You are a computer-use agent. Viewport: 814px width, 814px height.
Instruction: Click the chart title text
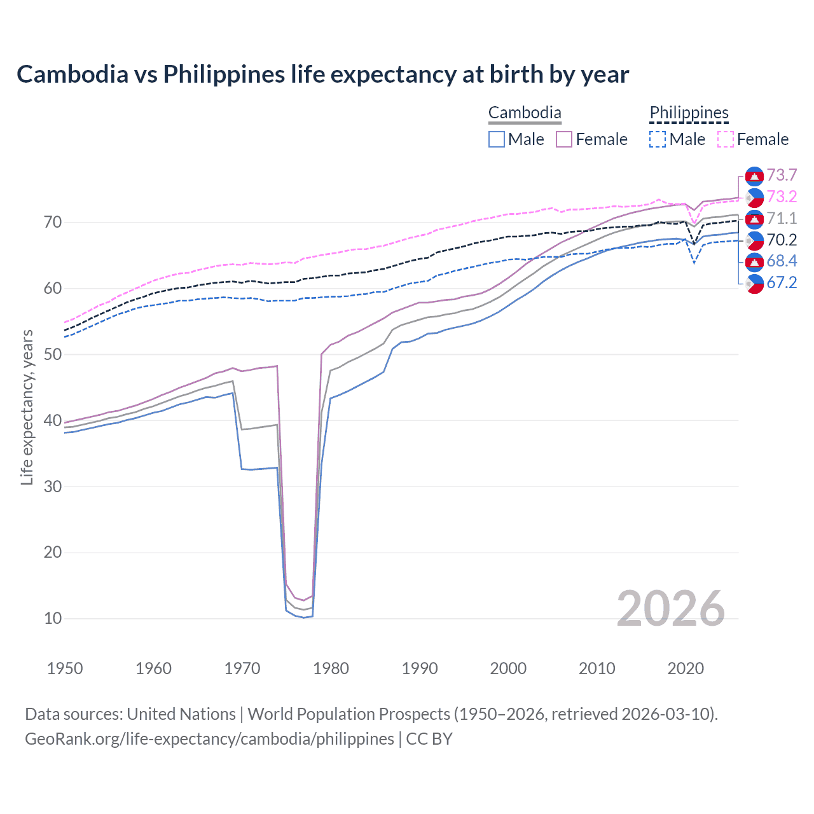[x=322, y=74]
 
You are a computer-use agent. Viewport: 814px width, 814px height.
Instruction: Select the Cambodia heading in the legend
[x=525, y=113]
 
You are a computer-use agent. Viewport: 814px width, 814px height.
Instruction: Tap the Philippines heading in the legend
[x=689, y=113]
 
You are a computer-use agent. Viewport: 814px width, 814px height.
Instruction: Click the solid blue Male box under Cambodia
[x=497, y=139]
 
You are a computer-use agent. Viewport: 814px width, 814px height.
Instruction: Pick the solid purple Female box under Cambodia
[x=564, y=139]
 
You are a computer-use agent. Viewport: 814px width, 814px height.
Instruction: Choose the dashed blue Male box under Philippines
[x=658, y=139]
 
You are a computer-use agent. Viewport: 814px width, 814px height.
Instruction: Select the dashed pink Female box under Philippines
[x=726, y=139]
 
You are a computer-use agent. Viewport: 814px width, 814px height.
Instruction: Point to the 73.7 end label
[x=782, y=176]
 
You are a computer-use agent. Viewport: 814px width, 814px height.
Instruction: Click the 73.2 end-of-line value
[x=782, y=197]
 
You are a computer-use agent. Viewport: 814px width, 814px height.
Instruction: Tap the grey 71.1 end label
[x=782, y=219]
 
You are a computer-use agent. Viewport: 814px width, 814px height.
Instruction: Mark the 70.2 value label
[x=782, y=240]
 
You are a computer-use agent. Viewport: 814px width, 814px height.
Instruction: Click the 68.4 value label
[x=782, y=261]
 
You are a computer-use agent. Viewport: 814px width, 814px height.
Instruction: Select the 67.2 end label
[x=782, y=283]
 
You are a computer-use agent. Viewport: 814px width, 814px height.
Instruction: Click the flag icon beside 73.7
[x=754, y=176]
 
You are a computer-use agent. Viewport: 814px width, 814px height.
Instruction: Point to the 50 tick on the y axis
[x=53, y=354]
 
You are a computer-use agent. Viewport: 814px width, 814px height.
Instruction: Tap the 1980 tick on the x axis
[x=331, y=668]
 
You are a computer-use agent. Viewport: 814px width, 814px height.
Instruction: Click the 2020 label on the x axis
[x=686, y=668]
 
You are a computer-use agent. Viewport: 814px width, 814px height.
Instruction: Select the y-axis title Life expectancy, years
[x=27, y=407]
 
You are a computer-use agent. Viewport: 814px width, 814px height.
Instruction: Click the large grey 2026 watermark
[x=670, y=609]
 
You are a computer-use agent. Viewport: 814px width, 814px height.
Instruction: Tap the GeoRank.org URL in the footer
[x=209, y=739]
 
